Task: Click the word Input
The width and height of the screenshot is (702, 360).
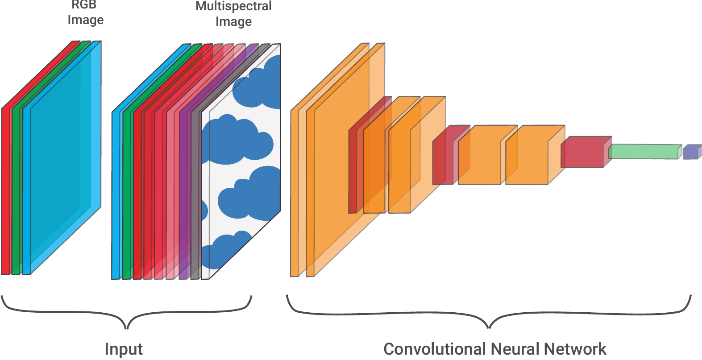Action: pos(124,349)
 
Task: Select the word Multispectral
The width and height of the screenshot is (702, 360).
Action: pos(233,6)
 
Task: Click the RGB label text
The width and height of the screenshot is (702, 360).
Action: pos(84,5)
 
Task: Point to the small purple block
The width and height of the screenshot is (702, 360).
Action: pos(691,152)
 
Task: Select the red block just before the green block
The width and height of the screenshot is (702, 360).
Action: pos(582,153)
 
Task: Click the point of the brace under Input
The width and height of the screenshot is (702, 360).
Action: pos(127,328)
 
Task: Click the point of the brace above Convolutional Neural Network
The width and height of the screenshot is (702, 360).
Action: pos(489,327)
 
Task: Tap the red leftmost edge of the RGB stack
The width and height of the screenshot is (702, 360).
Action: pos(5,192)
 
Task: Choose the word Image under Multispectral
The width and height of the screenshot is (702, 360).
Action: pos(233,21)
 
